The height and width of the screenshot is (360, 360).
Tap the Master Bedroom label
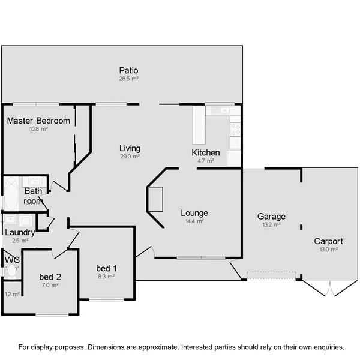38,121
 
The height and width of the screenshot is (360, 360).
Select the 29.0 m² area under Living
130,157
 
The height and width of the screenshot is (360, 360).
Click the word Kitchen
205,152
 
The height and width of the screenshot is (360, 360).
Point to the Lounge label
194,213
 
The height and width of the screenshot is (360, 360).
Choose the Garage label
271,217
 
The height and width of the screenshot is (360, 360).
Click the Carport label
328,241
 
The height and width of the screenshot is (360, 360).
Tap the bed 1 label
106,268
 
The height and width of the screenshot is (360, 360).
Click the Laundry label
19,232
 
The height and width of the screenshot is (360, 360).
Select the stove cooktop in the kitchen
236,129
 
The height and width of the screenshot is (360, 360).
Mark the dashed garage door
271,275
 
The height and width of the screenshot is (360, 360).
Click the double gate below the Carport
329,290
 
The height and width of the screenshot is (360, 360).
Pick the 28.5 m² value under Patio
129,79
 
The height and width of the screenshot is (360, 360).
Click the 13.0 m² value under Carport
328,250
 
